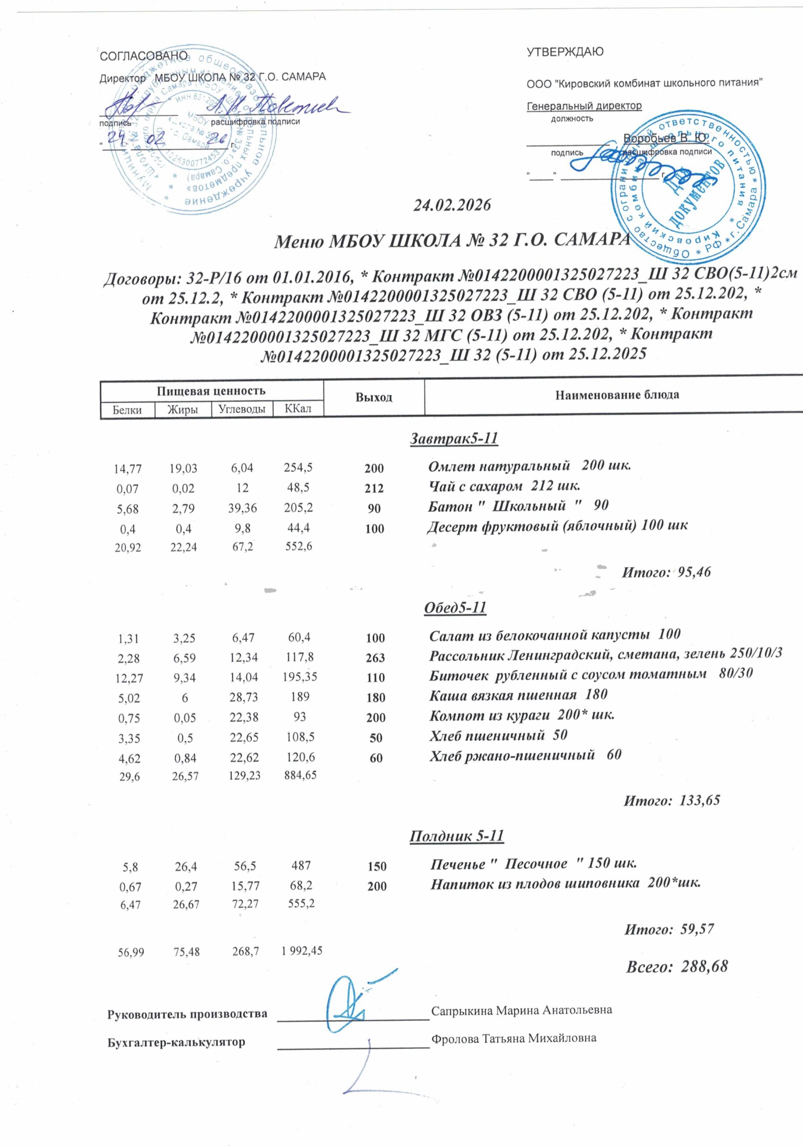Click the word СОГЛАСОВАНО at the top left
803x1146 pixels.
pos(144,56)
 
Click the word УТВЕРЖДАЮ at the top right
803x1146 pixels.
pos(565,52)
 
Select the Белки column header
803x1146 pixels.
pos(127,410)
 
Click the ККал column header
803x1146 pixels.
pos(298,409)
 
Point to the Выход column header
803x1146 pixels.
pos(374,398)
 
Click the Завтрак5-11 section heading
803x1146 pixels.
pos(454,438)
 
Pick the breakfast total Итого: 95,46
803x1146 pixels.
pos(666,572)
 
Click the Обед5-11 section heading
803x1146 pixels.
pos(455,607)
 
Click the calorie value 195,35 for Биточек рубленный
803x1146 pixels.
pos(300,677)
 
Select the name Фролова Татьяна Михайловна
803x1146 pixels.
pos(514,1038)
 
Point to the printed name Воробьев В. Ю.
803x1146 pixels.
pos(666,138)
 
